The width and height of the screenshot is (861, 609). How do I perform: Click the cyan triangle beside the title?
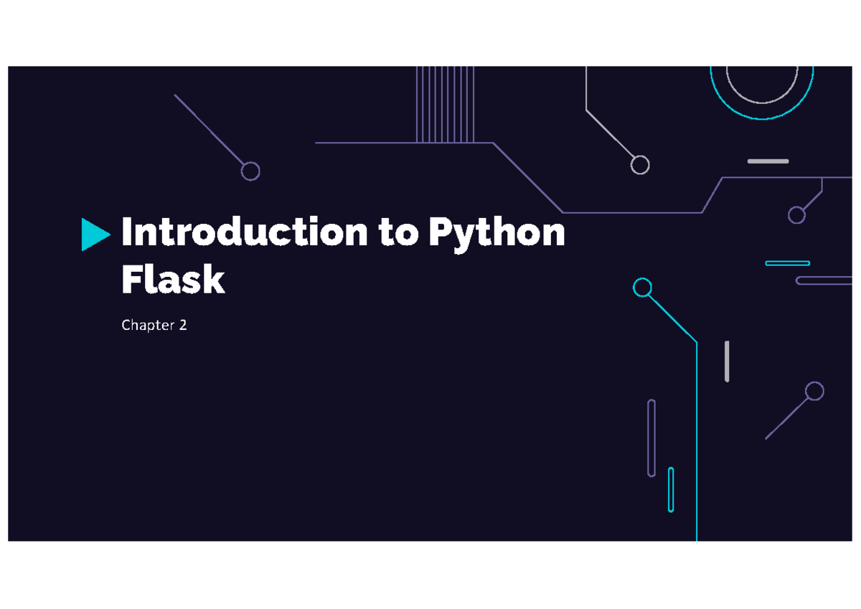(93, 235)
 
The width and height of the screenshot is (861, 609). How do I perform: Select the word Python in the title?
(497, 234)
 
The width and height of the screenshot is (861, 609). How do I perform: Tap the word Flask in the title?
(173, 279)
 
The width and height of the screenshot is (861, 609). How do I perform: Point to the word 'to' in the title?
(398, 232)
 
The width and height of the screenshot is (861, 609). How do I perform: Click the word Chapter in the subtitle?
(148, 325)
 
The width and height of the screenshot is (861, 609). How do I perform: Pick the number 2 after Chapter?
(183, 325)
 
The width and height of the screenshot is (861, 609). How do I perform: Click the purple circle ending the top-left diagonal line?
(250, 171)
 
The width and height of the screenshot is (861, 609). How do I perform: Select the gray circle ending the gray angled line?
(640, 165)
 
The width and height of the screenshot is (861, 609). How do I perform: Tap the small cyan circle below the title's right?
(642, 288)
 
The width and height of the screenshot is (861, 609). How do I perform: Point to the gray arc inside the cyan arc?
(762, 103)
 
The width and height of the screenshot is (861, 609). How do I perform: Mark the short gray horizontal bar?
(768, 161)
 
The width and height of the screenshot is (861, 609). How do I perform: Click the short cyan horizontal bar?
(788, 263)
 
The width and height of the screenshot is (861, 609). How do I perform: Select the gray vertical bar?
(727, 362)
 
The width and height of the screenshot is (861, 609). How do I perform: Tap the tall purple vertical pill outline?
(651, 438)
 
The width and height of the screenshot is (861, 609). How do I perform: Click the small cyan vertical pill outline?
(671, 490)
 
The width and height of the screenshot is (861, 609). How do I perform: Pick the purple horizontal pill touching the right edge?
(824, 281)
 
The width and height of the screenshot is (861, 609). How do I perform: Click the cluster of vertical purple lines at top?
(445, 104)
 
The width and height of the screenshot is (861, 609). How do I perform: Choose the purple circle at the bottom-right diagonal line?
(814, 391)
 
